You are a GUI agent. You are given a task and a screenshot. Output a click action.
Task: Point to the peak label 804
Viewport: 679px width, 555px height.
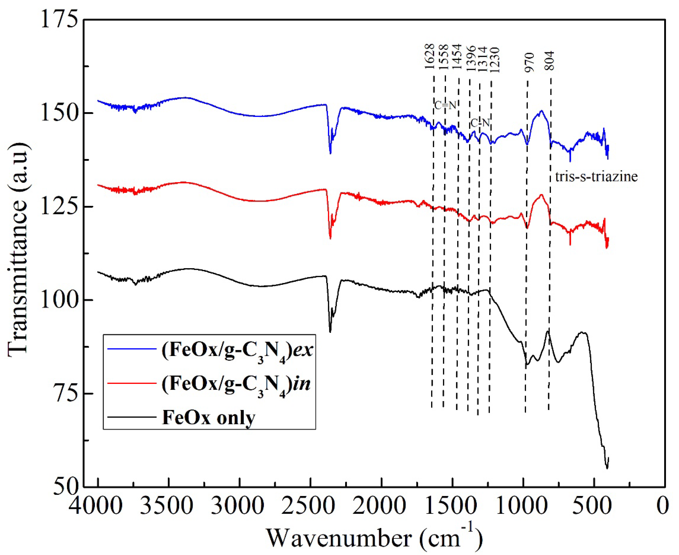click(x=550, y=61)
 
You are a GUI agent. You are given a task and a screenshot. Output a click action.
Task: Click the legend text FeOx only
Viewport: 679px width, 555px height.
click(x=209, y=418)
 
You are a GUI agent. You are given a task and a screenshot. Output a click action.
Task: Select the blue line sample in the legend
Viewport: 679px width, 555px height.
click(x=132, y=349)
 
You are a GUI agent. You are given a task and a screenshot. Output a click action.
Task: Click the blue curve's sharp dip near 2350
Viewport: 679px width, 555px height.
click(x=330, y=153)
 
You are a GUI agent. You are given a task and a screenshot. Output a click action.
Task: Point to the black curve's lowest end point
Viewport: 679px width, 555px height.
click(x=607, y=468)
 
